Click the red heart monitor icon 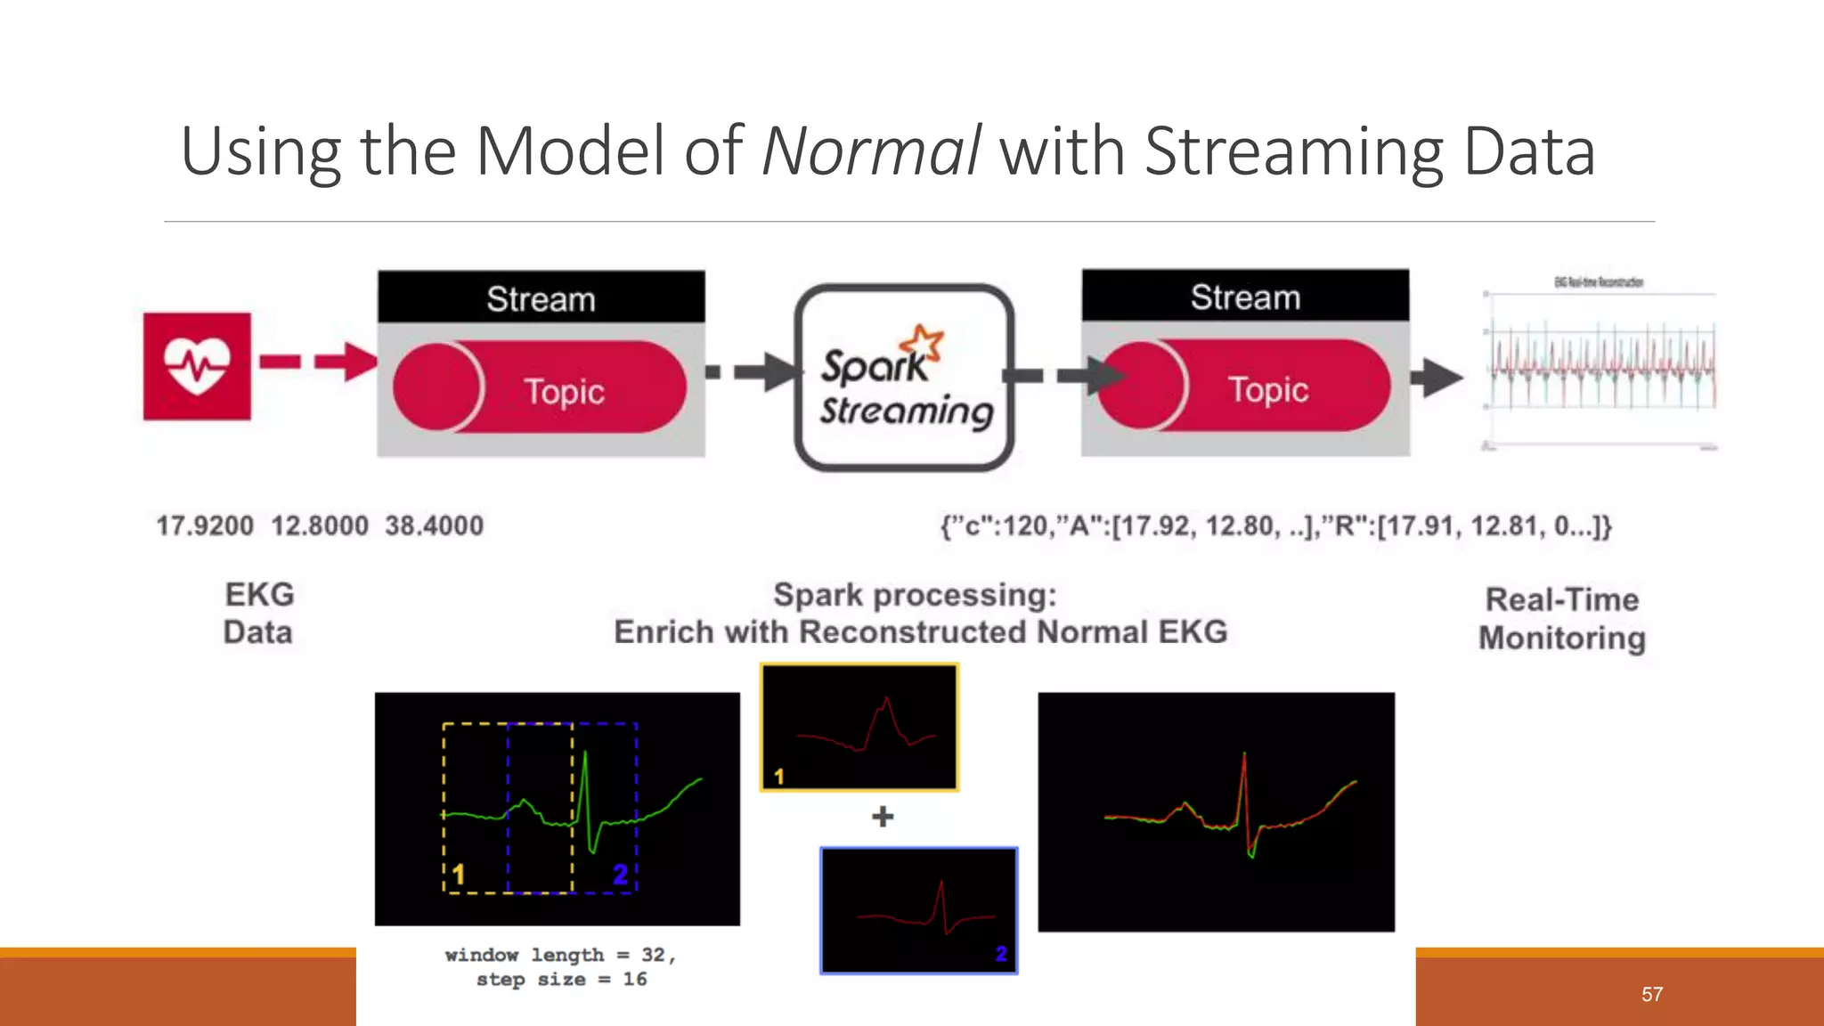[x=197, y=366]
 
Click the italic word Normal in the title [x=871, y=151]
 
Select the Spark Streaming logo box [x=904, y=378]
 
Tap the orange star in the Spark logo [x=923, y=342]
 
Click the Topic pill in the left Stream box [x=540, y=389]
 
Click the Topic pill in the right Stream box [x=1244, y=387]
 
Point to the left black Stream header [x=541, y=298]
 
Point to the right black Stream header [x=1245, y=297]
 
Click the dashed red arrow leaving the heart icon [x=316, y=362]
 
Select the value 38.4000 [x=434, y=525]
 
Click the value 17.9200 [x=205, y=525]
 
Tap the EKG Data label [x=258, y=613]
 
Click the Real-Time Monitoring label [x=1562, y=619]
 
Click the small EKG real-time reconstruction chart [x=1599, y=365]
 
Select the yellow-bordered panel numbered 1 [x=859, y=727]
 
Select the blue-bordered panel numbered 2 [x=918, y=910]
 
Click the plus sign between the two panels [x=882, y=816]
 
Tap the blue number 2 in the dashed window [x=620, y=874]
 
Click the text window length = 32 [x=560, y=955]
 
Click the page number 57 [x=1651, y=994]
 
